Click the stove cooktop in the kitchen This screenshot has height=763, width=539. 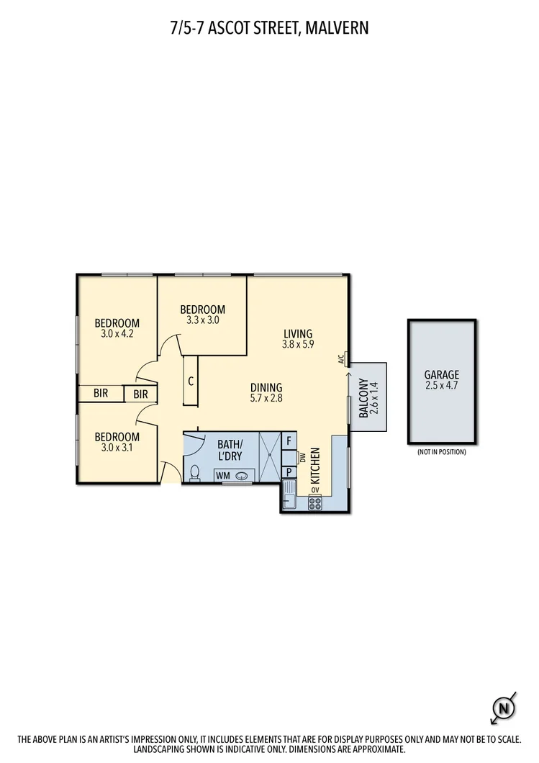(x=314, y=503)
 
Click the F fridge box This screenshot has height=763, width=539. (x=289, y=441)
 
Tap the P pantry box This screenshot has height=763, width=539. (x=289, y=472)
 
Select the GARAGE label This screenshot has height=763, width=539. (x=441, y=374)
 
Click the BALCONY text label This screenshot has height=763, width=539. (x=363, y=397)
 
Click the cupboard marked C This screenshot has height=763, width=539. (x=191, y=381)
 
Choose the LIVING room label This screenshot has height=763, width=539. (x=298, y=333)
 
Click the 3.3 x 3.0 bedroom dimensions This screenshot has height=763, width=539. (x=202, y=321)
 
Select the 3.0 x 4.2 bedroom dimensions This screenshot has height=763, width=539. (x=117, y=334)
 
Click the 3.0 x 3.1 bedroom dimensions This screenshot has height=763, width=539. (x=117, y=448)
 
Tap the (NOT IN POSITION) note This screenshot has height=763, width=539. (x=442, y=452)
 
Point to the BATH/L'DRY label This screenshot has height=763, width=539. (x=231, y=449)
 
